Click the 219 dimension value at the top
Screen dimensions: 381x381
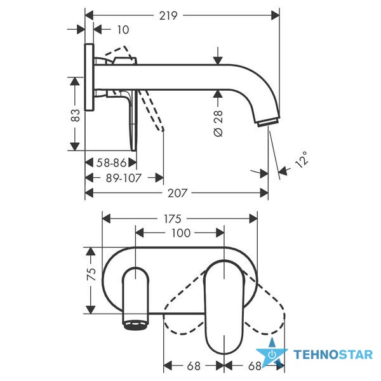[x=168, y=16]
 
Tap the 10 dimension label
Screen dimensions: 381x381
[x=123, y=30]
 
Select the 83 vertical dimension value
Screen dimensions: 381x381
[x=76, y=116]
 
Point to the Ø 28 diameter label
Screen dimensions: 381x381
[x=218, y=123]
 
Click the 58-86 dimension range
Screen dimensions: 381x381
[x=112, y=163]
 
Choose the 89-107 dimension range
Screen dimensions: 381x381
[x=124, y=178]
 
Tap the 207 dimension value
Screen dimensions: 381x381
[x=178, y=193]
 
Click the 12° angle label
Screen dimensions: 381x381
[x=302, y=159]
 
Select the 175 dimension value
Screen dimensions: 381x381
[x=173, y=219]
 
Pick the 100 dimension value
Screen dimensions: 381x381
[x=181, y=233]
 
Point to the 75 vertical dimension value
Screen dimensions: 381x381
[x=91, y=274]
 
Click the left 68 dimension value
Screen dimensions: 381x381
[x=194, y=366]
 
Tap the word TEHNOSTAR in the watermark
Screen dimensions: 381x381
[x=333, y=354]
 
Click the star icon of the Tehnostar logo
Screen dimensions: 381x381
[x=272, y=353]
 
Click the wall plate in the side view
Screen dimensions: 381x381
[x=89, y=77]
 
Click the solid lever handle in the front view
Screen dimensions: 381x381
[x=224, y=307]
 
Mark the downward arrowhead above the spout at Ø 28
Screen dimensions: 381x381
[x=218, y=60]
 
